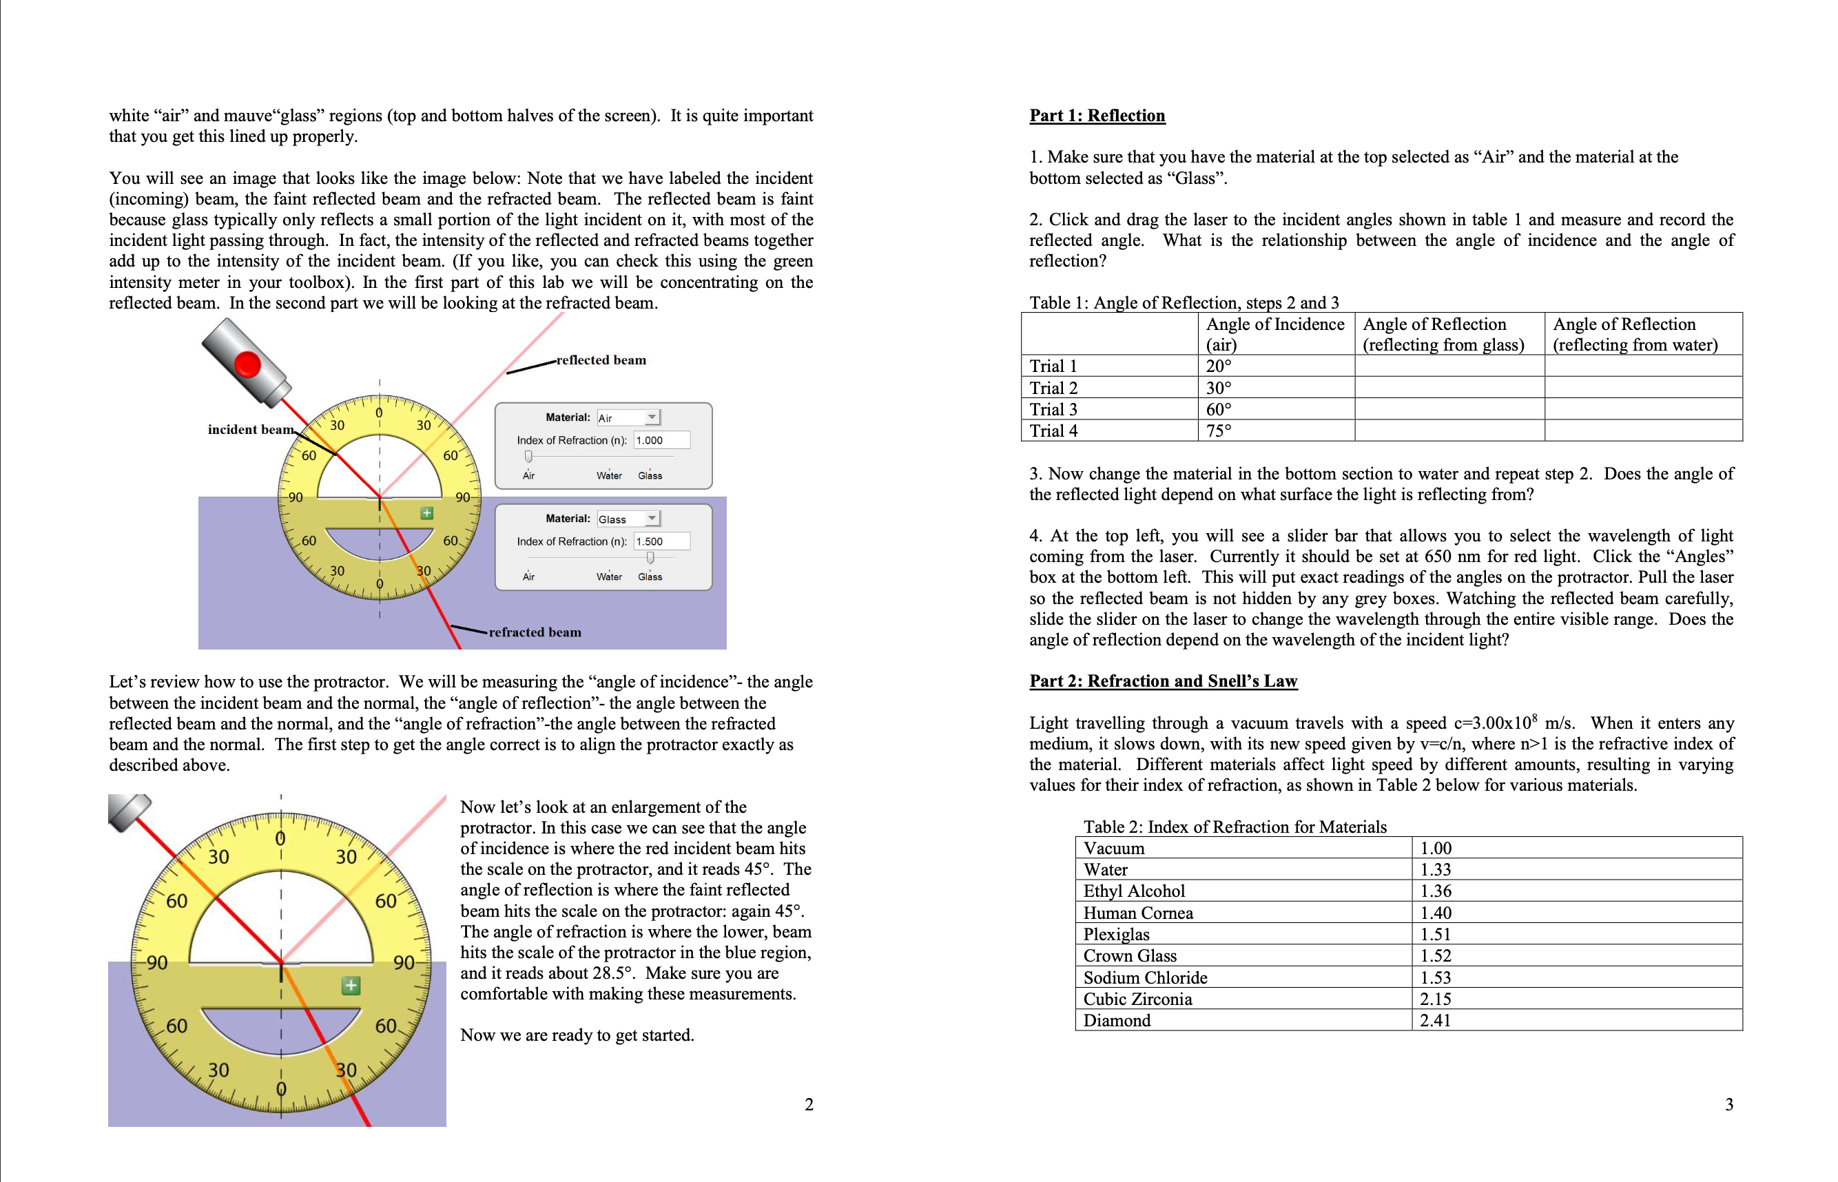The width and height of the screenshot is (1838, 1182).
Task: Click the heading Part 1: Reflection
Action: click(1097, 115)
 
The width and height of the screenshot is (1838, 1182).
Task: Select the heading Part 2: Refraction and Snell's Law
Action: click(1163, 681)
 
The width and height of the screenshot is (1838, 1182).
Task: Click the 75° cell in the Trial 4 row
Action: click(1218, 431)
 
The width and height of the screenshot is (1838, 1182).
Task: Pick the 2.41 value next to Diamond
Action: click(1435, 1020)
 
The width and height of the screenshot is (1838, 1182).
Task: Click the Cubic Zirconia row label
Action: click(1137, 999)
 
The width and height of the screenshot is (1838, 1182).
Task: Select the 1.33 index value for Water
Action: click(1435, 869)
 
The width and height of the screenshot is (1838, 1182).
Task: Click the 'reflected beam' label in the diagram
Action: click(601, 360)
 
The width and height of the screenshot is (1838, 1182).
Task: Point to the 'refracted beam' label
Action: click(535, 632)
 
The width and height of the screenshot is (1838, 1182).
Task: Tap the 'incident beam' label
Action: click(250, 429)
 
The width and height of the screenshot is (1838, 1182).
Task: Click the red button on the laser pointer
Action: click(248, 364)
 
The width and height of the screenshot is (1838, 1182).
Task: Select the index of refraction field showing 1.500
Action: click(661, 541)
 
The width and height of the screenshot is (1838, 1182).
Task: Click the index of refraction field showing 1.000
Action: click(661, 439)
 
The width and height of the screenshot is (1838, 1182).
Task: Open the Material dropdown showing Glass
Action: click(628, 519)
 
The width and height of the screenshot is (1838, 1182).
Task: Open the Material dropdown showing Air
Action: click(628, 417)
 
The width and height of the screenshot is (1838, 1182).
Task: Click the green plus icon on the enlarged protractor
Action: click(351, 986)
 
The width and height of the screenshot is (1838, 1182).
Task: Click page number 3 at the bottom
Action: click(1729, 1104)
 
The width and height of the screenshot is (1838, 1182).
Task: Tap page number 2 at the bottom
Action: click(809, 1104)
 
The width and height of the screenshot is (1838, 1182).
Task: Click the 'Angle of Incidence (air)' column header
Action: click(1274, 334)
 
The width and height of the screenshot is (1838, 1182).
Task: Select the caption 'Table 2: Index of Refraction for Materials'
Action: click(1234, 827)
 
